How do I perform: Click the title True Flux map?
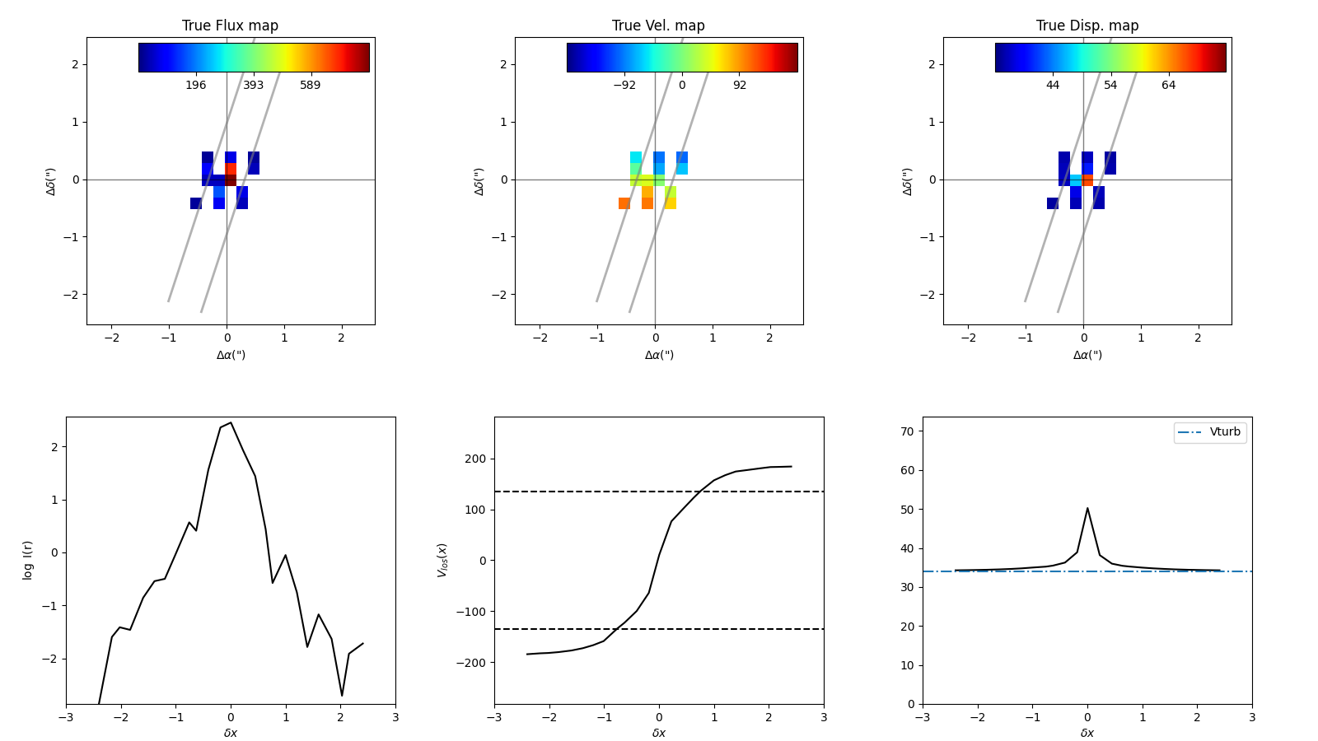(x=230, y=26)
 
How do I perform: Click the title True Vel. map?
(x=658, y=26)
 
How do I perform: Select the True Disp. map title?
(x=1087, y=26)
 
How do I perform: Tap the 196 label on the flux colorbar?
(x=195, y=86)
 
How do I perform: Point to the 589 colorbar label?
(x=310, y=86)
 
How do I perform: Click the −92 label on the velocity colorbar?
(x=624, y=86)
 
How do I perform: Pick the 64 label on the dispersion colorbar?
(x=1168, y=86)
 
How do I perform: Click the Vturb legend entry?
(x=1224, y=432)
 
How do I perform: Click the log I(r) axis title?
(x=28, y=560)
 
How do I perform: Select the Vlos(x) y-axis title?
(x=442, y=560)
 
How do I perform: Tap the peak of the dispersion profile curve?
(x=1087, y=508)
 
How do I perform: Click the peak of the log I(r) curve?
(x=231, y=422)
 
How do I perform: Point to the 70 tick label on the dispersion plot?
(x=905, y=431)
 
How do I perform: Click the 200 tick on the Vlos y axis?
(x=476, y=459)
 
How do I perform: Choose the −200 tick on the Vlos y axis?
(x=473, y=662)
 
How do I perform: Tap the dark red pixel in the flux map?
(x=231, y=179)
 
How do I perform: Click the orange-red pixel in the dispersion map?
(x=1087, y=179)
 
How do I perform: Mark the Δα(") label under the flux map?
(x=231, y=356)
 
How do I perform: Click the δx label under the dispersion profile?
(x=1087, y=733)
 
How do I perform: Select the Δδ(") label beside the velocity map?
(x=479, y=181)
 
